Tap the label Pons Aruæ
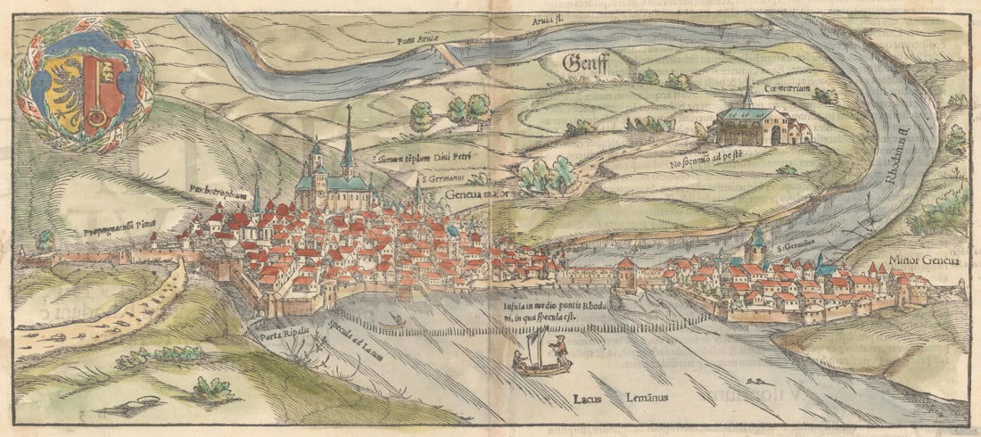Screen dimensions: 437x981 [419, 39]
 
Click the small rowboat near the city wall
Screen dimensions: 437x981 [390, 319]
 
